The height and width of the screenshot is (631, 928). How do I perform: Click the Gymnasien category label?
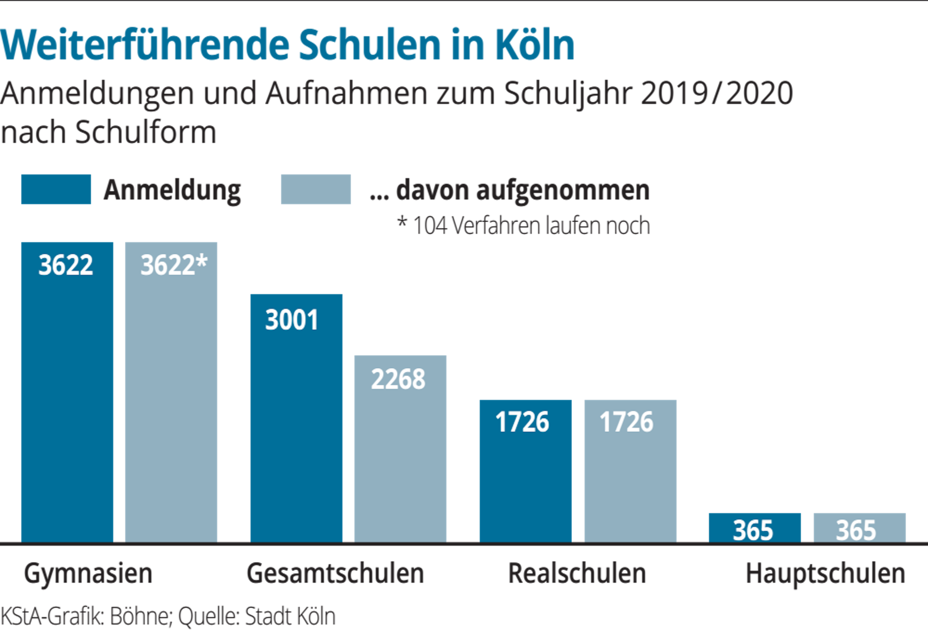(x=88, y=574)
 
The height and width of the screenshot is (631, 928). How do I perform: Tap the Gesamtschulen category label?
(x=335, y=574)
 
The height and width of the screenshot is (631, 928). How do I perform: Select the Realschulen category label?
(x=577, y=574)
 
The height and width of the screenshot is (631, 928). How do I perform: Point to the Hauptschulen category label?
(x=825, y=574)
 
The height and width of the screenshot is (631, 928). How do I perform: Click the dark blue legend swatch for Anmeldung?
(x=56, y=189)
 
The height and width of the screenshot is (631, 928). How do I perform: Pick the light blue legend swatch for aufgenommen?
(x=316, y=189)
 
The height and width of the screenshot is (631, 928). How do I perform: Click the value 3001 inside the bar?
(x=292, y=320)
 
